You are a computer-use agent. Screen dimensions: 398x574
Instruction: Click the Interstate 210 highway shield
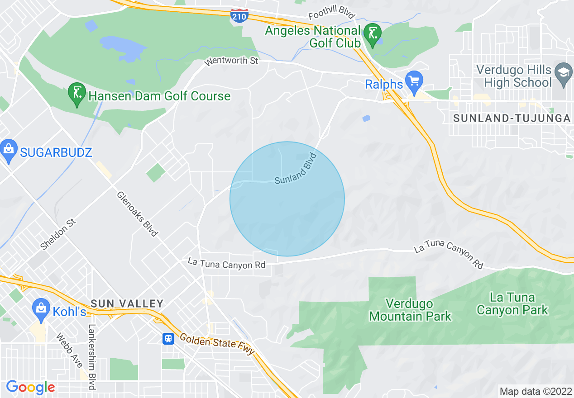click(x=238, y=16)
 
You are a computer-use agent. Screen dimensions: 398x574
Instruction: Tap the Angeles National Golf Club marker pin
click(x=373, y=35)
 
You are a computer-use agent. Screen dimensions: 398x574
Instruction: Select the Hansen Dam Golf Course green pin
click(x=77, y=94)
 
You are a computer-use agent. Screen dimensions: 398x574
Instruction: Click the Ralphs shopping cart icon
click(x=413, y=82)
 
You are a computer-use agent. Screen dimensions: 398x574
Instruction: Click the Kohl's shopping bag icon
click(x=41, y=310)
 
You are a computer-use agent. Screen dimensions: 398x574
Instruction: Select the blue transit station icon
click(x=168, y=338)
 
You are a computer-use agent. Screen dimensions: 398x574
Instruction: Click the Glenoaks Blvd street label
click(x=137, y=214)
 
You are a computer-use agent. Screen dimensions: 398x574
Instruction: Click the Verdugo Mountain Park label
click(x=410, y=310)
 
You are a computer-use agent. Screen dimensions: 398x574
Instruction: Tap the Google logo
click(x=30, y=387)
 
